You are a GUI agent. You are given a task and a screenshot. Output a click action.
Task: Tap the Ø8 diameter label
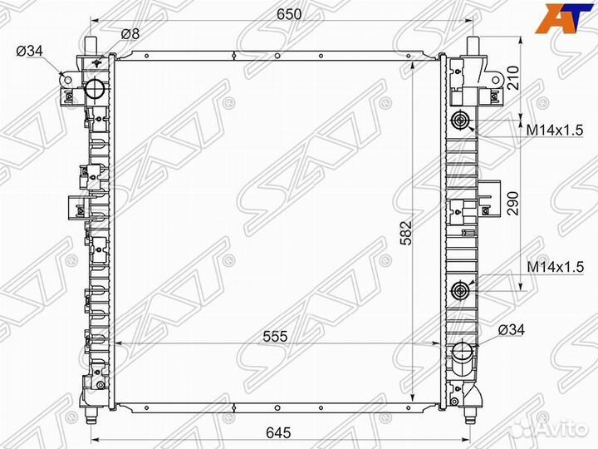[x=130, y=34]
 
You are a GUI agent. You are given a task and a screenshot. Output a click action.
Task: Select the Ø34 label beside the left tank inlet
[x=30, y=52]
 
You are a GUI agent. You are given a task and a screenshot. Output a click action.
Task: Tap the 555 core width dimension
[x=276, y=336]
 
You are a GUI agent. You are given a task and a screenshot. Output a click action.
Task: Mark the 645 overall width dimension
[x=277, y=432]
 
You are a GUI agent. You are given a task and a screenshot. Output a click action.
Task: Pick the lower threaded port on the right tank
[x=461, y=291]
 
